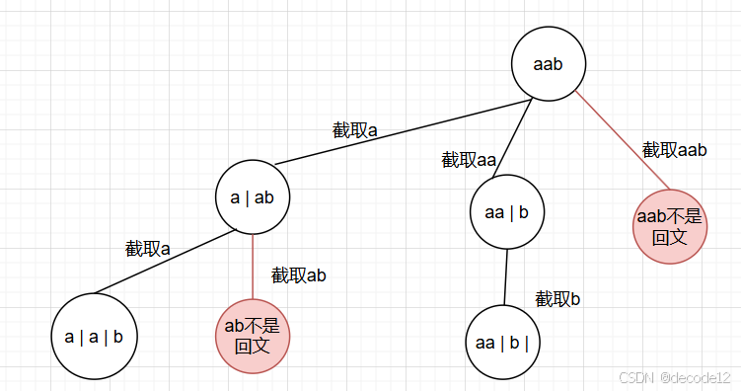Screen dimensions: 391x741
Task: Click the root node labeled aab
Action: (x=548, y=64)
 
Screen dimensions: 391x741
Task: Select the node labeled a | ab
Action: (x=253, y=196)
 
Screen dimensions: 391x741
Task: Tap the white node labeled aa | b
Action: (x=507, y=210)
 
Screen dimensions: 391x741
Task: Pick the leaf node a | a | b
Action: (x=94, y=337)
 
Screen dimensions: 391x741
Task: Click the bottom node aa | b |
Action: (x=502, y=343)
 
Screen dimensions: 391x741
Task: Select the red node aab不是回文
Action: (x=669, y=227)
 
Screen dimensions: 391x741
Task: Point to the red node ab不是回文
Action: (x=253, y=335)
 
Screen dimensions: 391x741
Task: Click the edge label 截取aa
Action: (x=469, y=160)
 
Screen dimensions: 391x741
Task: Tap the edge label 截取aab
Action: (x=675, y=150)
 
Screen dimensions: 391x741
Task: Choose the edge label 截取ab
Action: (x=299, y=275)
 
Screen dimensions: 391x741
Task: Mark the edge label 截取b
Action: (x=557, y=298)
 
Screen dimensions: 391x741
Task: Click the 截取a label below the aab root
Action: (x=355, y=129)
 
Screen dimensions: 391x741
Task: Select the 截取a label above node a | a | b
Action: (x=148, y=249)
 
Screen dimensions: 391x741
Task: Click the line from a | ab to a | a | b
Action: (x=163, y=263)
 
